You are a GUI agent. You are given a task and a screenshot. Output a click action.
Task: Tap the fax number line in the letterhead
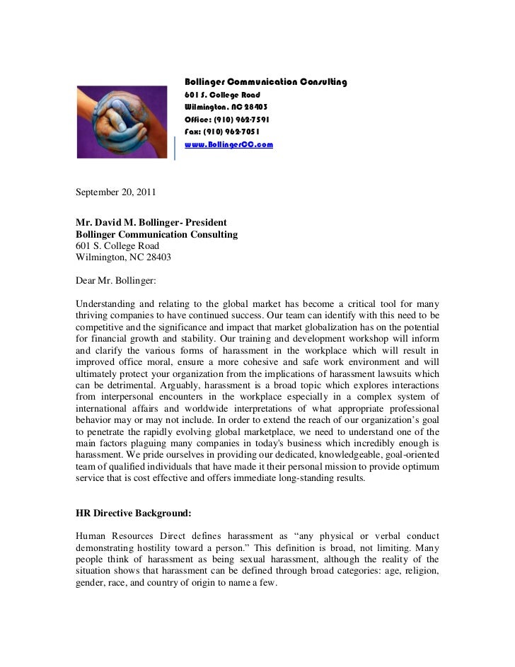pos(221,132)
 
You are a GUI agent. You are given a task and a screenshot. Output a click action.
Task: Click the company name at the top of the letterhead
pos(265,82)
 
